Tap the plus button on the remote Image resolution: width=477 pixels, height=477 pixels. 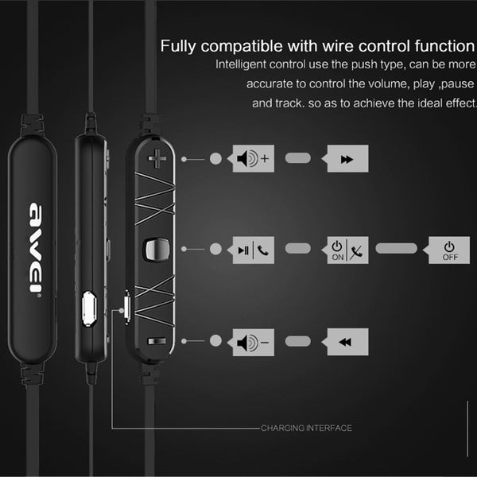click(x=157, y=160)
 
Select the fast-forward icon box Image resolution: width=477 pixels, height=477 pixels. click(x=348, y=160)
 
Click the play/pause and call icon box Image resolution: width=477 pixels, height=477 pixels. click(x=254, y=250)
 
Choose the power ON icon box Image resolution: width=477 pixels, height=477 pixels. click(x=348, y=250)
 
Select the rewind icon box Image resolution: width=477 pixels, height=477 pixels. click(x=348, y=343)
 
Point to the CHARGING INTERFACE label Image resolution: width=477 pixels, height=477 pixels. click(x=306, y=429)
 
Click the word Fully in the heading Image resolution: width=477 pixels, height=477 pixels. click(x=179, y=45)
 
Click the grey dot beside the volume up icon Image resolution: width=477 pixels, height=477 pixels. click(x=215, y=160)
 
